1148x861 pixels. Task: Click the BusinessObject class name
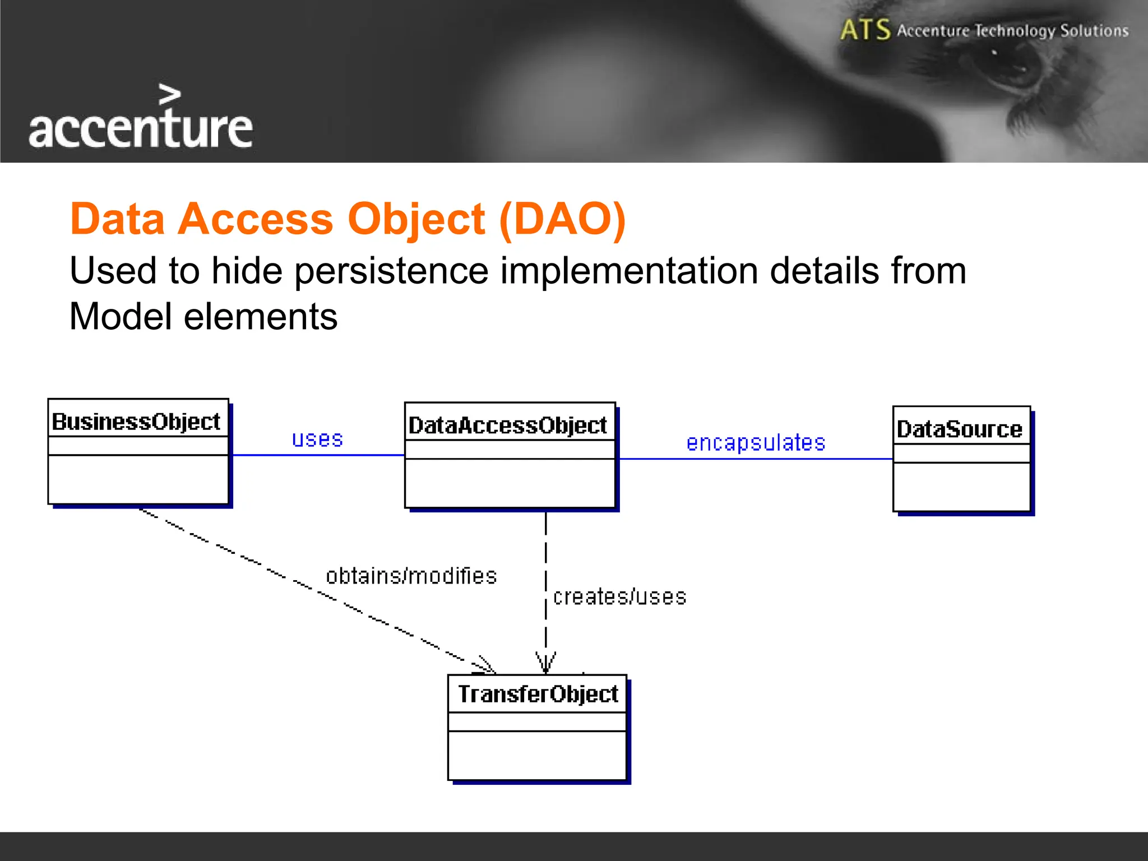pos(136,422)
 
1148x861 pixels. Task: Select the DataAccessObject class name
pos(507,425)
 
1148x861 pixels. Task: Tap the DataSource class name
pos(959,429)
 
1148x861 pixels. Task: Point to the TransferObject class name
pos(538,694)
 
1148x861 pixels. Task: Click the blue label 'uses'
pos(317,439)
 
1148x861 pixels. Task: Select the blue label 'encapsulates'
pos(756,443)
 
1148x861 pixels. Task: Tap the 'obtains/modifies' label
pos(411,576)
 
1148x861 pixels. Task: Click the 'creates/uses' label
pos(619,597)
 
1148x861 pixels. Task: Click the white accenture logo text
pos(140,129)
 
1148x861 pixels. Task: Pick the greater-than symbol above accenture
pos(169,95)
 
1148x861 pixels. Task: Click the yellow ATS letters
pos(865,30)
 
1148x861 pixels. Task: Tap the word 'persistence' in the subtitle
pos(391,271)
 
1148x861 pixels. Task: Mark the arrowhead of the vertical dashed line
pos(545,664)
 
